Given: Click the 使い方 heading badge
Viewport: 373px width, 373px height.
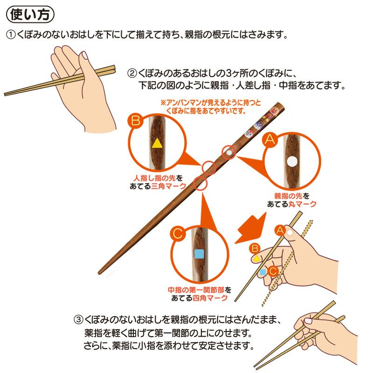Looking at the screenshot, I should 30,14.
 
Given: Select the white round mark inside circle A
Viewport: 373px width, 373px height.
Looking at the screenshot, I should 292,162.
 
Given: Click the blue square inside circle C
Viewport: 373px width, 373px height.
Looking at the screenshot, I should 200,254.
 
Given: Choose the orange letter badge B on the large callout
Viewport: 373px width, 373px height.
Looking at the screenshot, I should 135,122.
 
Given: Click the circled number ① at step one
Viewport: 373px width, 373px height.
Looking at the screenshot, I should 10,35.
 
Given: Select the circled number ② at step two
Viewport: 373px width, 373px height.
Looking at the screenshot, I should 132,74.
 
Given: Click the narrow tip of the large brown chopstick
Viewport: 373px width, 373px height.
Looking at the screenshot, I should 101,272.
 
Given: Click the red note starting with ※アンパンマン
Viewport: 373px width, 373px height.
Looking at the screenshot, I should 211,105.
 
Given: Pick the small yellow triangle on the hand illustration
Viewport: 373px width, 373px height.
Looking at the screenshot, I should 256,257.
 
